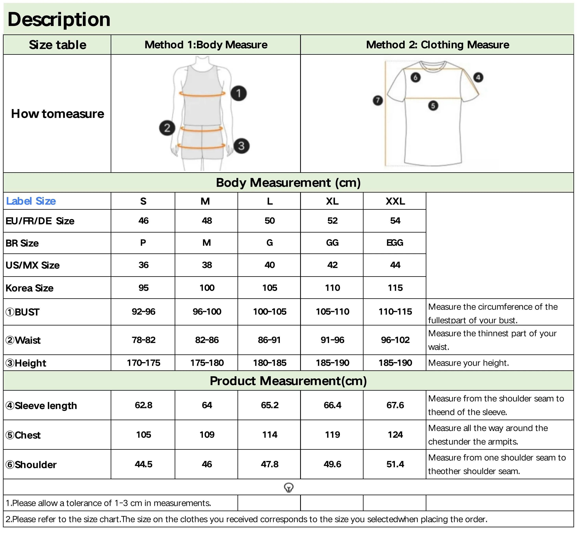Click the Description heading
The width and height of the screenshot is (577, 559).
pos(59,19)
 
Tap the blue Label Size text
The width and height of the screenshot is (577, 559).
pos(31,201)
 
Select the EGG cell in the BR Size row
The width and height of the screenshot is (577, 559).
pos(395,243)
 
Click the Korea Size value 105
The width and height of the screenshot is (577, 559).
pos(270,288)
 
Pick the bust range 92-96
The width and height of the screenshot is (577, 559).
pos(143,311)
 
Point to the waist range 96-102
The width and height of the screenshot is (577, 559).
pos(395,340)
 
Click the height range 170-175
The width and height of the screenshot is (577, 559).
pos(143,363)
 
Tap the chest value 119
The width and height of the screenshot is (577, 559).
pos(332,435)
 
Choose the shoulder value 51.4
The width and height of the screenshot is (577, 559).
pos(395,464)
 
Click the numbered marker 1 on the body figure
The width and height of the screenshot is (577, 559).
pos(238,93)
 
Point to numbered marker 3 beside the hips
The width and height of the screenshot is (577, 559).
pos(241,146)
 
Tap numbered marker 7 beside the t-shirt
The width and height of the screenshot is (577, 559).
pos(378,100)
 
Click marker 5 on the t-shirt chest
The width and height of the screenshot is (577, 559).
pos(433,106)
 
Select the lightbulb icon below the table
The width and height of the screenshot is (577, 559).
pos(288,488)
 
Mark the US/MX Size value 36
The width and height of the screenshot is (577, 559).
pos(143,265)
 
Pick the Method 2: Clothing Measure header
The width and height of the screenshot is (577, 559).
pos(437,45)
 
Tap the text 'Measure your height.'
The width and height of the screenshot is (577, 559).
pos(468,363)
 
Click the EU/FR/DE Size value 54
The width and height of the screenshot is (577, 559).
pos(395,221)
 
